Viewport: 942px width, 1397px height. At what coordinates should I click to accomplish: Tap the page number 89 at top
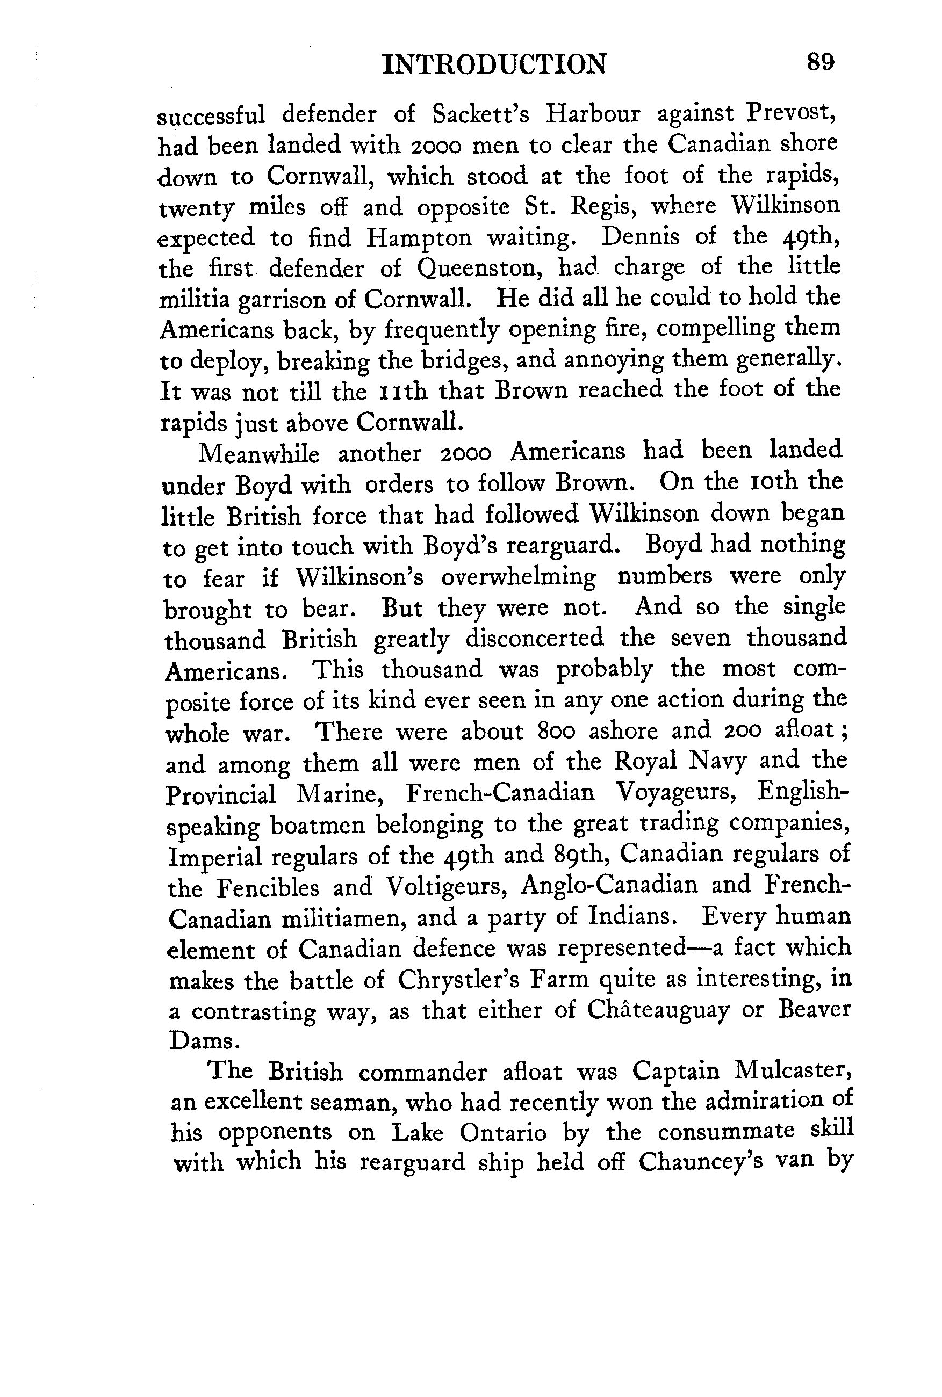tap(821, 62)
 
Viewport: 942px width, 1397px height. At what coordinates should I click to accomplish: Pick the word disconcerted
tap(534, 638)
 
